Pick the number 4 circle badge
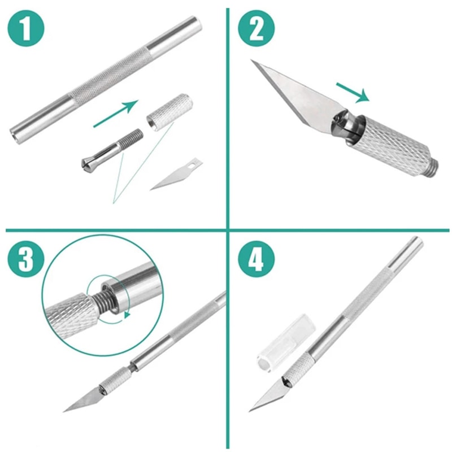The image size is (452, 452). click(x=255, y=259)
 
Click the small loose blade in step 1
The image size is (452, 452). click(x=176, y=175)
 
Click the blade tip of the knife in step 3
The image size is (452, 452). click(x=67, y=409)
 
